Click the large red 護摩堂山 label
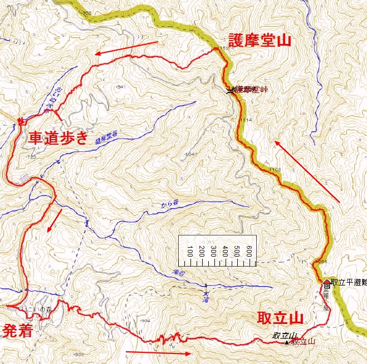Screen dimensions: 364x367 260,40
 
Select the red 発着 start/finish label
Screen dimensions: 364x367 17,331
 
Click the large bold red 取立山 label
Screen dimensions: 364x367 280,318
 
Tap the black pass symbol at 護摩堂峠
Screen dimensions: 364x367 230,90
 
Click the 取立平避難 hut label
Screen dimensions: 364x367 348,282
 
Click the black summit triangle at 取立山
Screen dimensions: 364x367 287,342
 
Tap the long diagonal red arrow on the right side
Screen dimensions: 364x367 307,171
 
